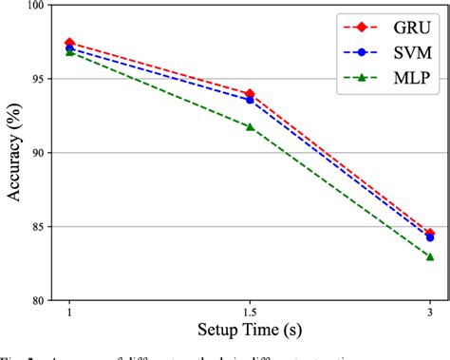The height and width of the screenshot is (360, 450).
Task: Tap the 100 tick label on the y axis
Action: tap(37, 6)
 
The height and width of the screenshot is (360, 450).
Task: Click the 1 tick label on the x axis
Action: tap(69, 313)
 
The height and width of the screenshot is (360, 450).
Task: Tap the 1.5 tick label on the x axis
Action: tap(250, 313)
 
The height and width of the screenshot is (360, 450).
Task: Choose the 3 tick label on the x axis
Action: tap(429, 313)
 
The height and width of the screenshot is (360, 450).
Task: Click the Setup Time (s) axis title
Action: tap(249, 332)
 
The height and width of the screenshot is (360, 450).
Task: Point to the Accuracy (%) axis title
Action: tap(14, 152)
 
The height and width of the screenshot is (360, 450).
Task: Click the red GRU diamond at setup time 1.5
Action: tap(250, 94)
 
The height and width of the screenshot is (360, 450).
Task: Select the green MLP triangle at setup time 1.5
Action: tap(250, 126)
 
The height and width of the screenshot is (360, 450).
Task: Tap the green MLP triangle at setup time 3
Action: tap(429, 256)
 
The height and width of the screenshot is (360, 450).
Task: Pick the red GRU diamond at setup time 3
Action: tap(429, 233)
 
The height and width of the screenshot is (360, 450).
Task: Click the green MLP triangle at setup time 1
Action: tap(69, 52)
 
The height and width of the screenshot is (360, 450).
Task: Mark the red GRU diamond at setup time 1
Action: tap(69, 43)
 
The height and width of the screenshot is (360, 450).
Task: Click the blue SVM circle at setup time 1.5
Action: tap(250, 100)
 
